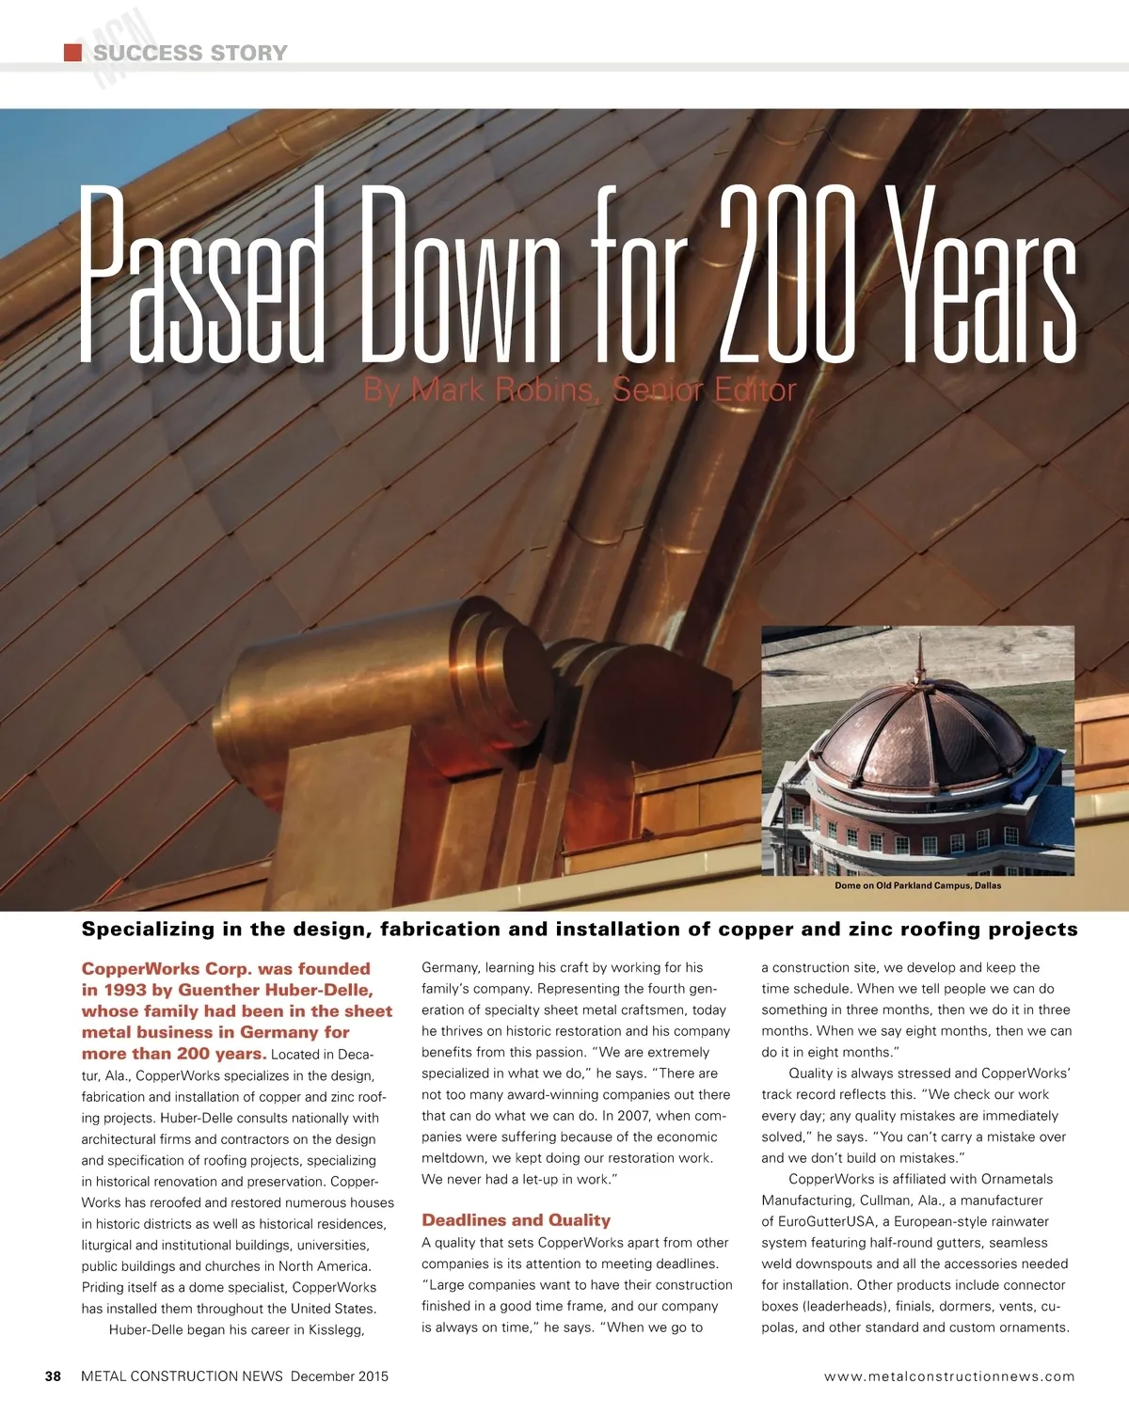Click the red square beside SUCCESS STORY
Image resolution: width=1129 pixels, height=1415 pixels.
tap(72, 53)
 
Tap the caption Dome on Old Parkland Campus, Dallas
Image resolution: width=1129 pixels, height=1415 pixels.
tap(917, 885)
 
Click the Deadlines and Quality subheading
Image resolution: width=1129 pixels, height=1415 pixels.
tap(516, 1220)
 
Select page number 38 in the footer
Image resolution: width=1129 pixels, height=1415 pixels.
tap(54, 1376)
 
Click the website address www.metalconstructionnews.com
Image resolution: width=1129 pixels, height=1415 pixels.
tap(948, 1376)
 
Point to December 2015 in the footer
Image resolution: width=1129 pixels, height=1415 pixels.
tap(339, 1376)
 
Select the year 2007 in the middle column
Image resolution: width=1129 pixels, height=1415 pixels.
tap(635, 1116)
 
